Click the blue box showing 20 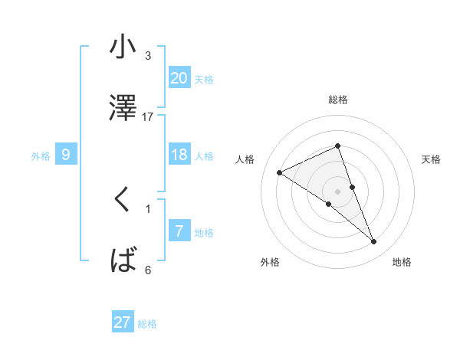(179, 78)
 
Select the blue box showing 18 (179, 155)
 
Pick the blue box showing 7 (179, 231)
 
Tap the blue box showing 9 (66, 155)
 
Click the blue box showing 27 (123, 322)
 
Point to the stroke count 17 (148, 116)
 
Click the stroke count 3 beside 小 (148, 56)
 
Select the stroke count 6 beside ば (148, 270)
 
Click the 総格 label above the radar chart (337, 100)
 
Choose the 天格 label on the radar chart (431, 159)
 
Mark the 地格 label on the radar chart (402, 263)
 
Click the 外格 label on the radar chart (270, 263)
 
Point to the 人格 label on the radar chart (245, 159)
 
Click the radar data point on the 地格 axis (374, 242)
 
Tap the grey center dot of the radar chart (337, 191)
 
